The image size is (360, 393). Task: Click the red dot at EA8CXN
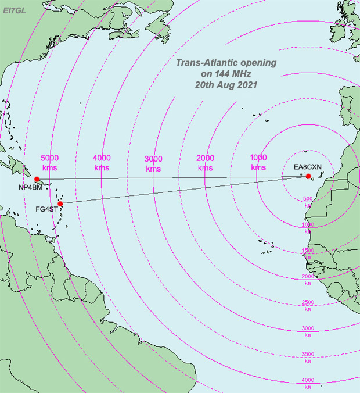[309, 177]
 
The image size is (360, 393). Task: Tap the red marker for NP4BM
[37, 179]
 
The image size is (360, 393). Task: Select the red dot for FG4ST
[60, 203]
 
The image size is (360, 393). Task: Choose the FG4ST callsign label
[46, 209]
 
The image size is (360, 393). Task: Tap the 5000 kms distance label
[51, 162]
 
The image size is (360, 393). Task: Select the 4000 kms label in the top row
[102, 162]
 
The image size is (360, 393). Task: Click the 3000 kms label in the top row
[153, 163]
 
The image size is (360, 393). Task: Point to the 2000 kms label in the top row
[205, 163]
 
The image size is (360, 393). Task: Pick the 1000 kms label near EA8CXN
[258, 162]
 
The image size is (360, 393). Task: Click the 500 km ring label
[308, 201]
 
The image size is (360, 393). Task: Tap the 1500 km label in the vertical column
[308, 253]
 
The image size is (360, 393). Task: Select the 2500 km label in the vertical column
[308, 305]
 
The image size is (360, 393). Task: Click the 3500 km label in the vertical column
[308, 356]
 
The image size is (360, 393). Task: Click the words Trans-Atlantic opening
[226, 63]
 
